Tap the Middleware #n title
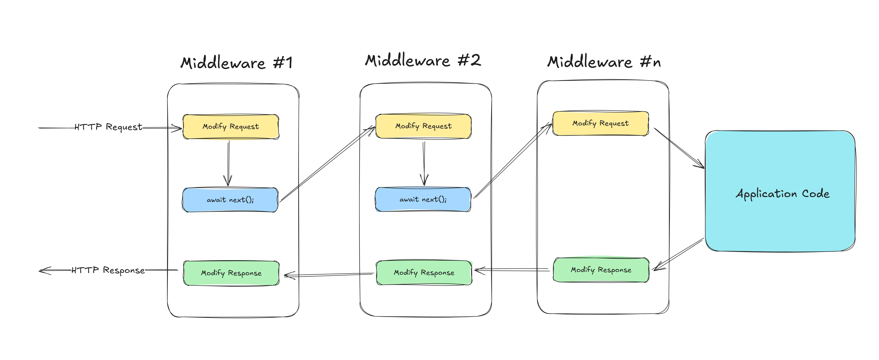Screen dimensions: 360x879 click(604, 62)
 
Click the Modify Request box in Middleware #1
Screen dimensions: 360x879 click(231, 127)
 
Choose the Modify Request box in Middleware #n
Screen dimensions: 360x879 click(600, 123)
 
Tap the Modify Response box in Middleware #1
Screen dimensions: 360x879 click(231, 273)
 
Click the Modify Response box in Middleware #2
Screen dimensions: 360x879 click(424, 273)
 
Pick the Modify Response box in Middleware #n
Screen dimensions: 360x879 click(601, 270)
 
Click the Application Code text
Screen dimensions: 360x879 click(782, 194)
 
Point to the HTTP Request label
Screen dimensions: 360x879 click(108, 127)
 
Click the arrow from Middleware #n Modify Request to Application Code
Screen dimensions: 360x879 click(679, 148)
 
